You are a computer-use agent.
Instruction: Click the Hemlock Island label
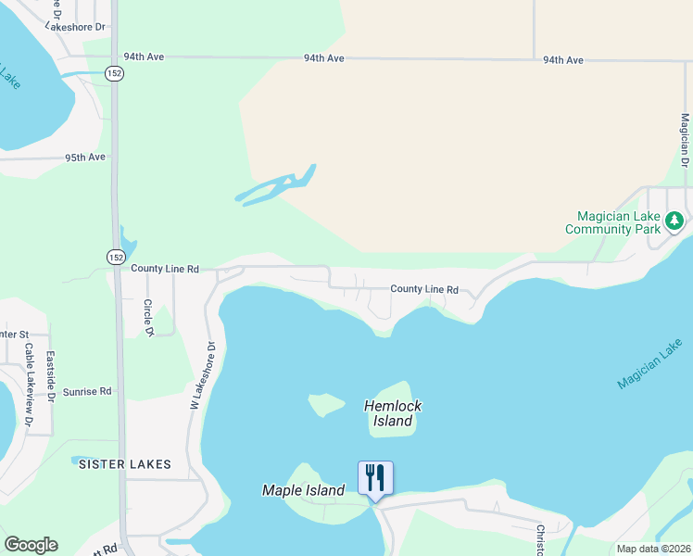tap(393, 413)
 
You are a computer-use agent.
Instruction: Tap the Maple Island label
tap(303, 490)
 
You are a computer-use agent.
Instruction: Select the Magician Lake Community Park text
tap(612, 222)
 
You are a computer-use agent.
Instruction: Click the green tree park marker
tap(675, 221)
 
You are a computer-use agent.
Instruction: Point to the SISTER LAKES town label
tap(124, 463)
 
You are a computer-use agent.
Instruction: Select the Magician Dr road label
tap(685, 140)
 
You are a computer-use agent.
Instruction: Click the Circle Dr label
tap(147, 318)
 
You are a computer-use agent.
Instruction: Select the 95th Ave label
tap(85, 158)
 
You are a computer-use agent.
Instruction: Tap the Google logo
tap(31, 545)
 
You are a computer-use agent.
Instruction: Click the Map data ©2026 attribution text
tap(652, 549)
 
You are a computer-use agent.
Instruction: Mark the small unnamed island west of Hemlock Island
tap(325, 404)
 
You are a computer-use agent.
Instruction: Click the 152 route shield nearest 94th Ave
tap(114, 74)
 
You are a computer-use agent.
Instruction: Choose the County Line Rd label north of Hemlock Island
tap(423, 289)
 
